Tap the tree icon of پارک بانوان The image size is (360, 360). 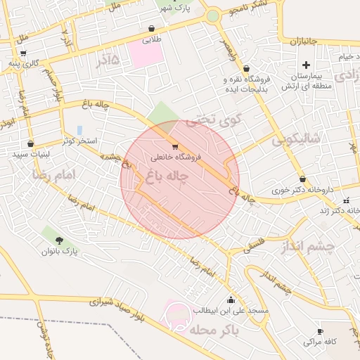tap(58, 240)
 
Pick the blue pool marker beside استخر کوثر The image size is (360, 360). tap(79, 130)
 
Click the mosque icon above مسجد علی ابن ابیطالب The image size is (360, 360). tap(231, 300)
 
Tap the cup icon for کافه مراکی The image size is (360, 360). tap(320, 331)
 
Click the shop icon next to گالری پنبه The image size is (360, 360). tap(24, 53)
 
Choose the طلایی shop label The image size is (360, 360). tap(152, 40)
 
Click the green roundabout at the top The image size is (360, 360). tap(212, 15)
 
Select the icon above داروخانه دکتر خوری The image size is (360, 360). tap(302, 179)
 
